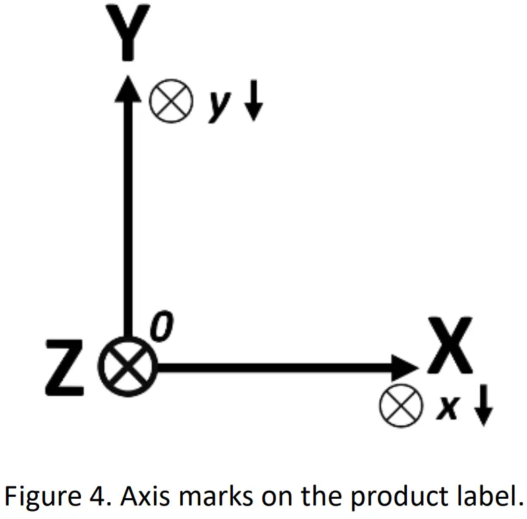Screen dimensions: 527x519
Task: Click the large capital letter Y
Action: click(128, 30)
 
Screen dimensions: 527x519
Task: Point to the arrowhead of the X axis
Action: click(406, 368)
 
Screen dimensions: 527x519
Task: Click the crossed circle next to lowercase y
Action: click(171, 102)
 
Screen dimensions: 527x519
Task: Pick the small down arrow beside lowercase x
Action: click(482, 406)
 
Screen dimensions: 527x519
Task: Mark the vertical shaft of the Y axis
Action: click(127, 216)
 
